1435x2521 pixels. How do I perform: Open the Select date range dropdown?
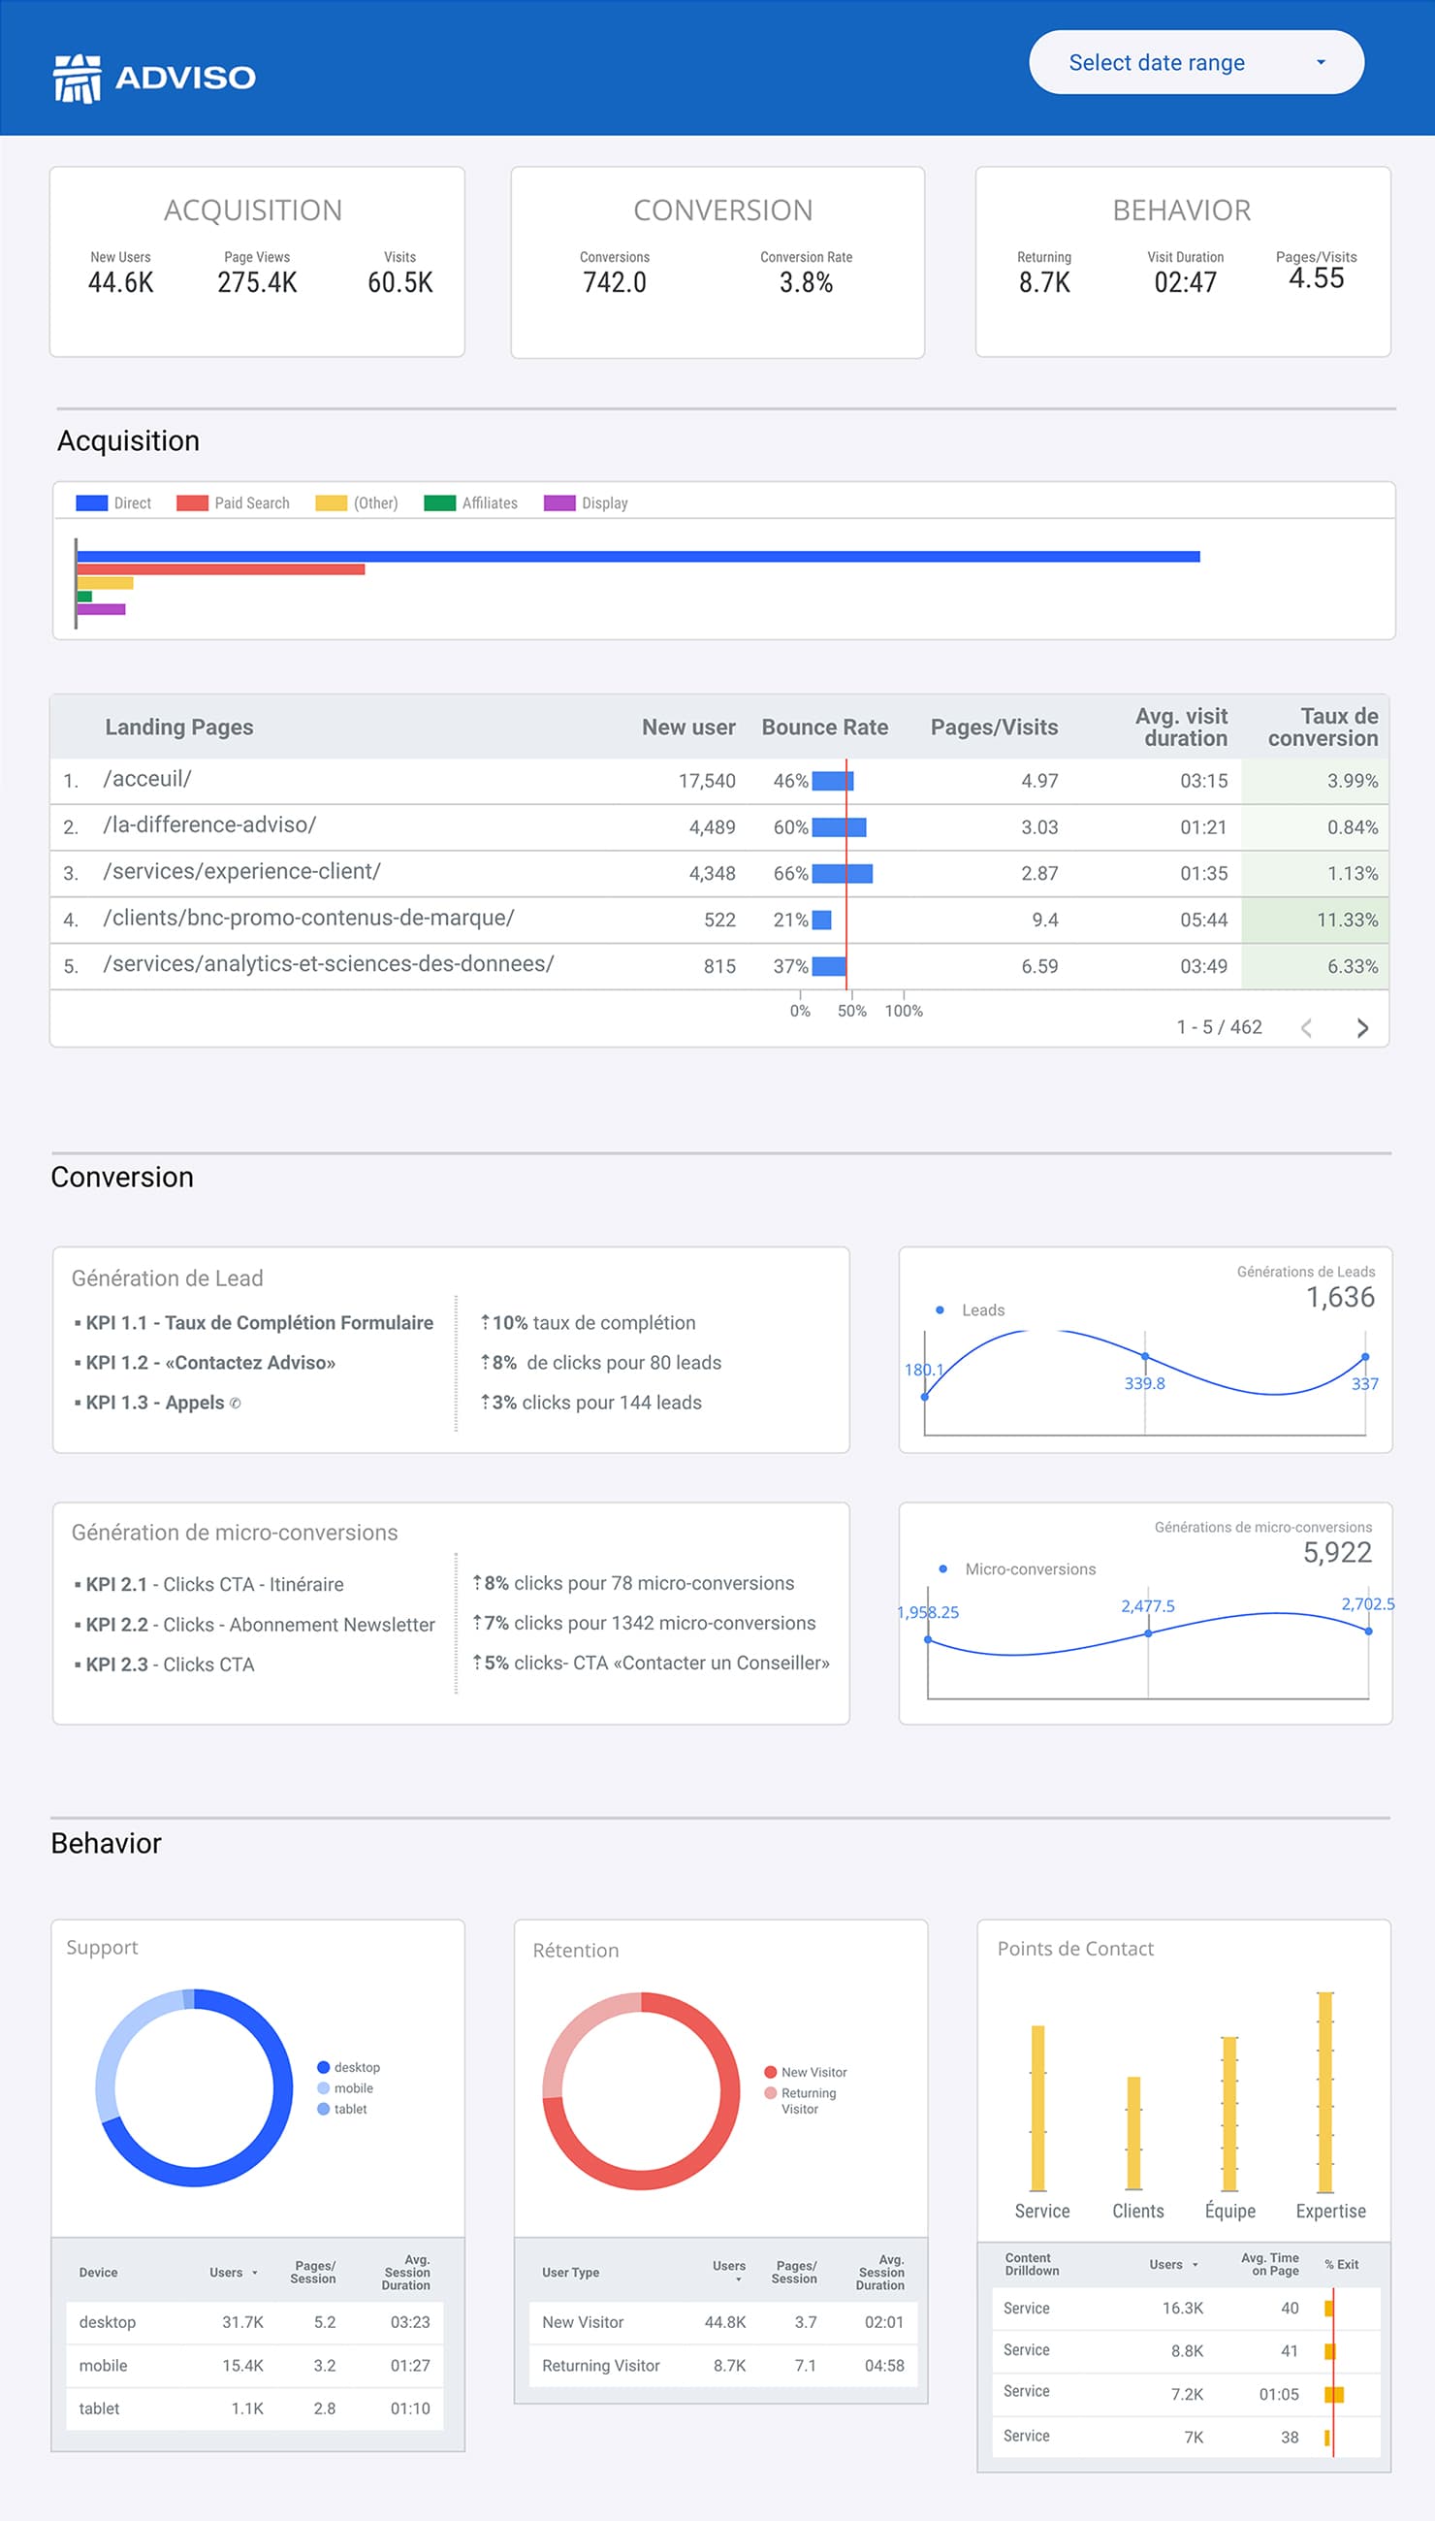tap(1196, 62)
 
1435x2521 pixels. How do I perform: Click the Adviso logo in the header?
tap(155, 78)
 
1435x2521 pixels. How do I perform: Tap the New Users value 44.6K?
tap(120, 283)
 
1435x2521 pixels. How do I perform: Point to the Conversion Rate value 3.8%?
tap(806, 283)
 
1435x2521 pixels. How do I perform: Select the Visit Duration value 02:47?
tap(1185, 283)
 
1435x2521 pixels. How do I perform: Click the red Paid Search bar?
tap(221, 568)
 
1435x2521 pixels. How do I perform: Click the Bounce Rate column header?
tap(824, 727)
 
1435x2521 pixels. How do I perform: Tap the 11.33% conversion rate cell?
tap(1347, 920)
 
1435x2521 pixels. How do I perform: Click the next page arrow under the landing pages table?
tap(1362, 1028)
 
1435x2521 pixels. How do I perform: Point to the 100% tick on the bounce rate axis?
tap(904, 1010)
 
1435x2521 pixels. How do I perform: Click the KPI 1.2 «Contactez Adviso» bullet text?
tap(210, 1363)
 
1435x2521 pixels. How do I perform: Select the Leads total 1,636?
tap(1339, 1297)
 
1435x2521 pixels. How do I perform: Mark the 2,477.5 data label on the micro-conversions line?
tap(1147, 1606)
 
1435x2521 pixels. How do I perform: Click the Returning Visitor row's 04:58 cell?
tap(884, 2365)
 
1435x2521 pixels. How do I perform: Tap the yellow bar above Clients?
tap(1133, 2134)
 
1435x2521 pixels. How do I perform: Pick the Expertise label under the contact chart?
tap(1330, 2211)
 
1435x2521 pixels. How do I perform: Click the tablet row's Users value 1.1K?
tap(247, 2408)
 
